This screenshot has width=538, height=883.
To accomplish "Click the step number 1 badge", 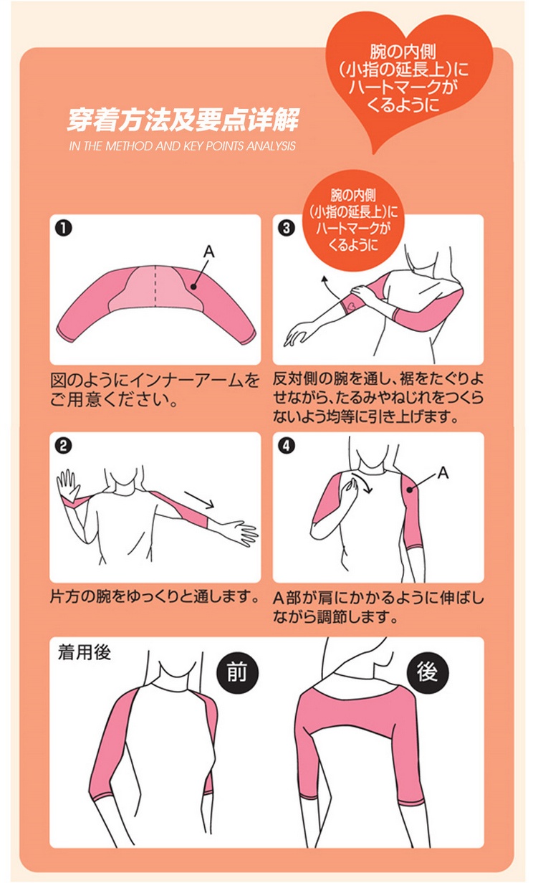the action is [x=64, y=229].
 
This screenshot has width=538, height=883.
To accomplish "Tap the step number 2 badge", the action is [x=64, y=447].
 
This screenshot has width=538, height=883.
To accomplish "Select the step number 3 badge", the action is [x=287, y=229].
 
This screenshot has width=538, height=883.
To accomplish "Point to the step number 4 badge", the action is [x=287, y=447].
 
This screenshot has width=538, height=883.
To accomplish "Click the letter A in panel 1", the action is [x=209, y=252].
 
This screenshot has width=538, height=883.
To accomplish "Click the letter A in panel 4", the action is [x=443, y=472].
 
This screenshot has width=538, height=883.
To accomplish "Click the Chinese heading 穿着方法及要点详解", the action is [x=183, y=120].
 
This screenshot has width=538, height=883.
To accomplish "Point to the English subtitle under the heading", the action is [x=182, y=146].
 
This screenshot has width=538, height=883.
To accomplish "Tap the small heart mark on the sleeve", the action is [x=352, y=305].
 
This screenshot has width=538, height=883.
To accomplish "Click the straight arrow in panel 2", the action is [x=199, y=499].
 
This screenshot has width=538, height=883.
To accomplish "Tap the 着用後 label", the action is [x=85, y=652].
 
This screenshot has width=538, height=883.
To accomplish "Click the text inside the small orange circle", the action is [x=353, y=220].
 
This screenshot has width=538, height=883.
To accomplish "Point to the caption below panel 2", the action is [x=154, y=597].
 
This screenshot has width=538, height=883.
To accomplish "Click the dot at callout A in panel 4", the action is [x=410, y=490].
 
